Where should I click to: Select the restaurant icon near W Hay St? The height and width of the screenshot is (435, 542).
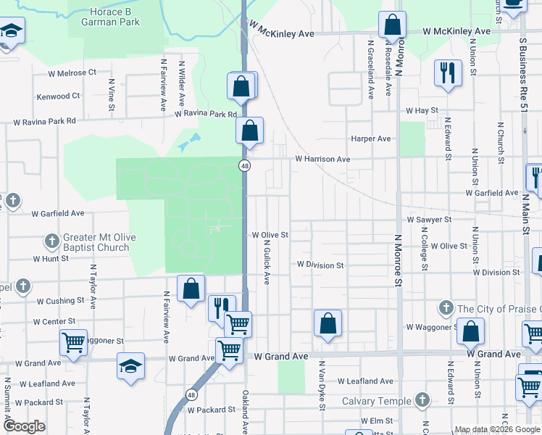447,72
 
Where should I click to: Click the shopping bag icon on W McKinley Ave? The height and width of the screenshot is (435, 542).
391,25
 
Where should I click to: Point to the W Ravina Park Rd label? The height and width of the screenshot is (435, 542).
206,115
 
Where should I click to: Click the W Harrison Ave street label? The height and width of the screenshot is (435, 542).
322,159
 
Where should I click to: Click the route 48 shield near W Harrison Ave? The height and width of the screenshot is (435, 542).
246,166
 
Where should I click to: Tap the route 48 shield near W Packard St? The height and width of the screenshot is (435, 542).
191,395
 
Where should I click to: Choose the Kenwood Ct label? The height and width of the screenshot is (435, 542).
58,96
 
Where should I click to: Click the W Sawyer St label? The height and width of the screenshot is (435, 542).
429,219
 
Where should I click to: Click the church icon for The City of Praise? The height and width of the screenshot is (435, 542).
446,309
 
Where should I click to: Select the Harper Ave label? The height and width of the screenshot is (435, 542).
370,138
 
